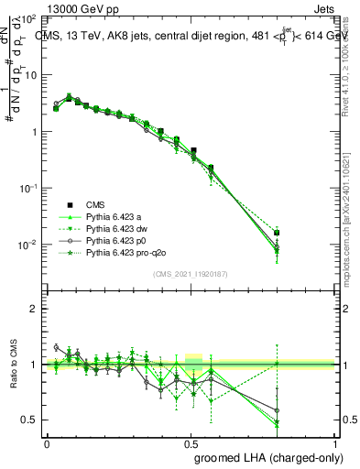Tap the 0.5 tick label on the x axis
[191, 442]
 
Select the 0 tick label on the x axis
[47, 442]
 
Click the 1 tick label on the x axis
[336, 442]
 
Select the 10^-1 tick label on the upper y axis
[27, 188]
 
